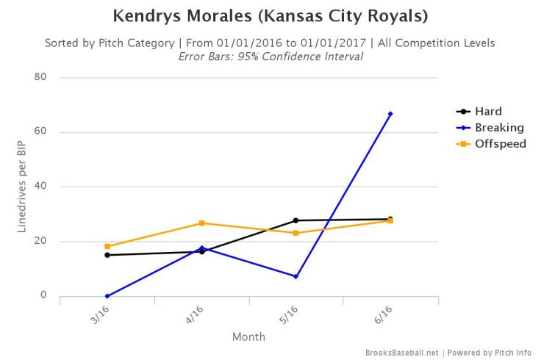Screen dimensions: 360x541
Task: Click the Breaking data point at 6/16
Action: pos(390,114)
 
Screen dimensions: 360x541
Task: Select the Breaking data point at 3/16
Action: pos(107,296)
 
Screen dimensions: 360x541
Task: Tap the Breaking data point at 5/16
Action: pos(295,276)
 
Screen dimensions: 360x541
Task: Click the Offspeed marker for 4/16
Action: pos(201,223)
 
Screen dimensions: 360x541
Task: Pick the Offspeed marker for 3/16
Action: pos(107,246)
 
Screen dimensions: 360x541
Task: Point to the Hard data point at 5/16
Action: pos(295,220)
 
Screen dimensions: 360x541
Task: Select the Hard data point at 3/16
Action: pos(107,255)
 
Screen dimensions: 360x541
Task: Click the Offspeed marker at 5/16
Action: pos(295,233)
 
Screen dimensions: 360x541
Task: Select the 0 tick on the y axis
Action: pos(43,295)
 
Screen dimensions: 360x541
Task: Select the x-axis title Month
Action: pos(248,337)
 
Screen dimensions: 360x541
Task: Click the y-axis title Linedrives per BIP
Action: pos(23,187)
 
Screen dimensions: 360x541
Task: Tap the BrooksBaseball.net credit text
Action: pos(403,353)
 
